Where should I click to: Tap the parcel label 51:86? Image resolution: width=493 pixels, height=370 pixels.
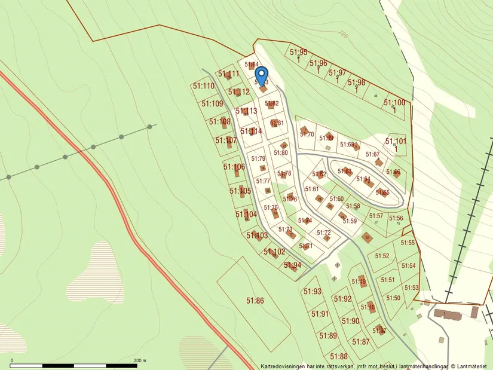[255, 300]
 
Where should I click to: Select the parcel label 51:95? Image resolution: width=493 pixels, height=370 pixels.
[298, 52]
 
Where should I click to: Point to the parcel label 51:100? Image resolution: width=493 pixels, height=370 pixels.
[394, 103]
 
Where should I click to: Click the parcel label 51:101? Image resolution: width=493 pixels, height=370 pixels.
[396, 142]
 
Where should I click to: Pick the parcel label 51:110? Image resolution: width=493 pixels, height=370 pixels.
[204, 86]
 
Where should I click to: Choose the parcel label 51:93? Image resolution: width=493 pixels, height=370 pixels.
[313, 292]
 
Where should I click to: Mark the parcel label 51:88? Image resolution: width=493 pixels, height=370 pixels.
[338, 356]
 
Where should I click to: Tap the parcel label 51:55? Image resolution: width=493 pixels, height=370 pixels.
[408, 243]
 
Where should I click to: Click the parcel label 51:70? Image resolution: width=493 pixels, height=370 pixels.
[307, 134]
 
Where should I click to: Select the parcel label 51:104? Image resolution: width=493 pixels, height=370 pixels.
[246, 213]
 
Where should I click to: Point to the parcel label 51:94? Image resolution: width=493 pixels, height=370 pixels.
[292, 265]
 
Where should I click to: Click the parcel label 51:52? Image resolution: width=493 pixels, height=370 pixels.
[382, 256]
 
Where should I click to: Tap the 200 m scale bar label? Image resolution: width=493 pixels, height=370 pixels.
[139, 361]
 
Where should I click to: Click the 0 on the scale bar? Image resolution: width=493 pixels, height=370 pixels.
[11, 361]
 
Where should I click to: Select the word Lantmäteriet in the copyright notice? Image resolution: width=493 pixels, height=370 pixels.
[473, 366]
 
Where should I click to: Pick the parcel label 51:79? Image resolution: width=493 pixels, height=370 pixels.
[258, 158]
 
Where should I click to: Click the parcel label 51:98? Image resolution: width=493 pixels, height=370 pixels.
[356, 82]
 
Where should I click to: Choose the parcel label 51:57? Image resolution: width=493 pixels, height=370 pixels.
[376, 216]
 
